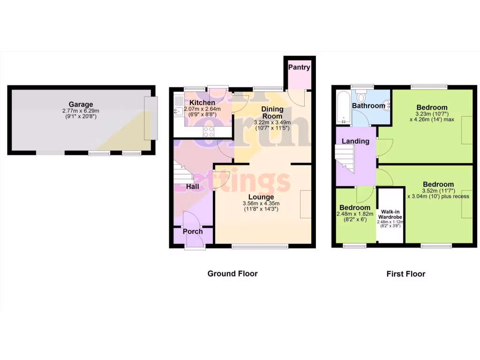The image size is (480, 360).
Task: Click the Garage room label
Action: [81, 105]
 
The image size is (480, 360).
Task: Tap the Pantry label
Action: [299, 67]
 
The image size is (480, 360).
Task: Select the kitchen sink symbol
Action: [179, 111]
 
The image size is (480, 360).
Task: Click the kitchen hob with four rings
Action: [208, 132]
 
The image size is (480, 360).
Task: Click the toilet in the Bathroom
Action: [360, 97]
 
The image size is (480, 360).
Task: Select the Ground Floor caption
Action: [232, 274]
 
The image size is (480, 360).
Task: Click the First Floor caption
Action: [405, 274]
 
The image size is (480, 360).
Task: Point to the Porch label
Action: [193, 232]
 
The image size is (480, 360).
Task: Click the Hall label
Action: [193, 187]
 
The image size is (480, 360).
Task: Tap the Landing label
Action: [355, 141]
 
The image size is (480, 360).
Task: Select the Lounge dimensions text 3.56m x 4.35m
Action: [261, 203]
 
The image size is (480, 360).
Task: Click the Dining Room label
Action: [272, 112]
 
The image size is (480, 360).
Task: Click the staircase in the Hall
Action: [183, 173]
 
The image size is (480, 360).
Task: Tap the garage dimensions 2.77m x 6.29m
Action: [81, 111]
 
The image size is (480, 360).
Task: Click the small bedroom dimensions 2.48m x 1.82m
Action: [355, 214]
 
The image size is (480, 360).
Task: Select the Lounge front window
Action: [260, 246]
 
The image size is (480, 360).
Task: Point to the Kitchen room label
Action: [202, 103]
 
